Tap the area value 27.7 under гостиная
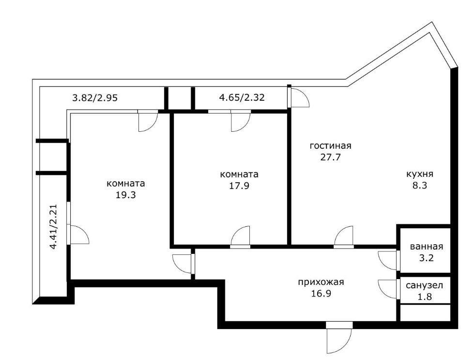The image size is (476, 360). (x=330, y=157)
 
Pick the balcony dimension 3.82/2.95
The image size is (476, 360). (x=95, y=97)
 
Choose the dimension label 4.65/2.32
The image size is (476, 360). (x=242, y=97)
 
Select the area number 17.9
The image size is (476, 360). (x=239, y=186)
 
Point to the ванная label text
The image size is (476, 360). (x=426, y=247)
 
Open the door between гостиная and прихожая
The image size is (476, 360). (x=345, y=237)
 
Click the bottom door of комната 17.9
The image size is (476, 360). (x=241, y=237)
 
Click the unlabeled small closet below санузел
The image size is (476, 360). (x=425, y=313)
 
